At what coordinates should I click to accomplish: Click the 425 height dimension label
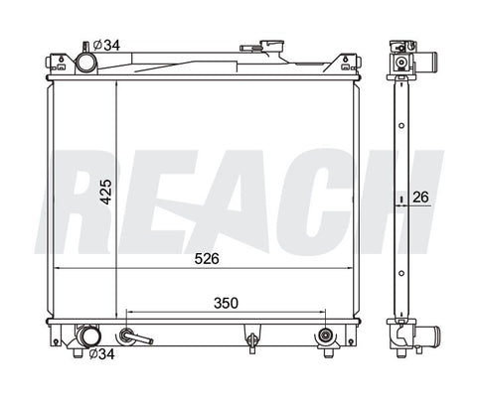tap(106, 192)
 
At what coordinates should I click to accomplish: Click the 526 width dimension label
tap(207, 259)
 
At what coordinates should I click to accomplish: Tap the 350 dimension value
tap(226, 303)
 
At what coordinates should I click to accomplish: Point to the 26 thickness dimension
tap(420, 198)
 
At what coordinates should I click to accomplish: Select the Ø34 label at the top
tap(106, 45)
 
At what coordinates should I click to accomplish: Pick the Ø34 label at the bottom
tap(101, 354)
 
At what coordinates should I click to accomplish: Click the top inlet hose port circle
tap(85, 63)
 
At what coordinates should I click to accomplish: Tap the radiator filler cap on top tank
tap(272, 46)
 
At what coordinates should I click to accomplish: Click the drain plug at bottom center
tap(252, 338)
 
